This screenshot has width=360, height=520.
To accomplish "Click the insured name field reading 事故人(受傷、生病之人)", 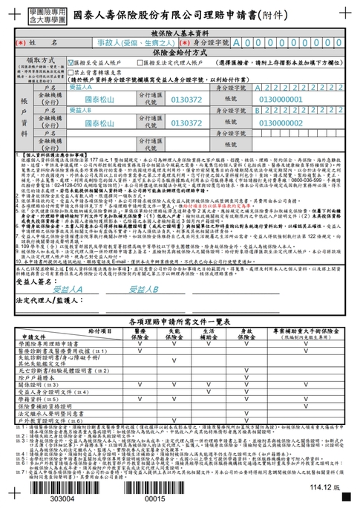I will coord(118,45).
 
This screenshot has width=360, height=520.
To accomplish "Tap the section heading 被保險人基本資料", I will coord(180,35).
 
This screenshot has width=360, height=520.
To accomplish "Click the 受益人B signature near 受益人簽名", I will coord(141,267).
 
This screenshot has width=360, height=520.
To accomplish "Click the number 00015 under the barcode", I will coord(154,500).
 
